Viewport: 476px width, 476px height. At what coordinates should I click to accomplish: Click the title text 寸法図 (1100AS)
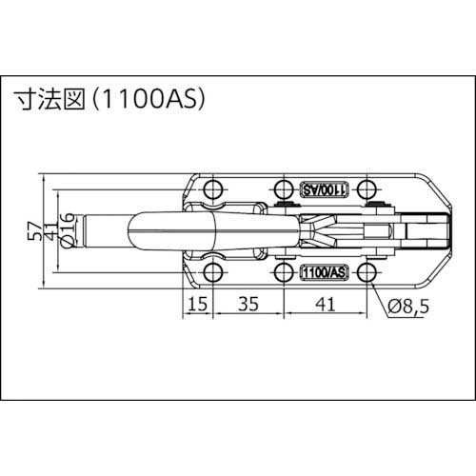pyautogui.click(x=109, y=97)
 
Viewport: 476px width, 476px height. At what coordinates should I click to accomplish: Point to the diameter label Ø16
pyautogui.click(x=66, y=230)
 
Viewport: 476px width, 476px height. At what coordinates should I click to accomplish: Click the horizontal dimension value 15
pyautogui.click(x=197, y=306)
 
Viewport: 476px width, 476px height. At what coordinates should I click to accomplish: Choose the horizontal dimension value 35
pyautogui.click(x=247, y=306)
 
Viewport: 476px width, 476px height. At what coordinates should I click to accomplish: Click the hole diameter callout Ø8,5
pyautogui.click(x=410, y=306)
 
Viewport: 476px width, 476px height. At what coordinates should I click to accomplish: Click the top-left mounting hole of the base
pyautogui.click(x=212, y=188)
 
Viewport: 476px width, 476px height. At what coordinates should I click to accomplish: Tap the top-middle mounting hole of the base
pyautogui.click(x=282, y=188)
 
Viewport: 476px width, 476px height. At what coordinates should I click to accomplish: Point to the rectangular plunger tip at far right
pyautogui.click(x=434, y=230)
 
